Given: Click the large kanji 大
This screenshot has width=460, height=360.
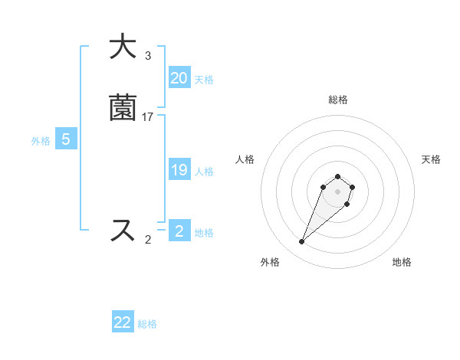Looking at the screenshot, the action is point(123,47).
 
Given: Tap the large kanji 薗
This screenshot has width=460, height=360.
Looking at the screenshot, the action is point(123,108).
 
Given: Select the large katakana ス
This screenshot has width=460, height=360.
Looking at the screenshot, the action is point(123,230).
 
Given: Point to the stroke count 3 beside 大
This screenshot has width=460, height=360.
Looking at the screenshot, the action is point(148,56).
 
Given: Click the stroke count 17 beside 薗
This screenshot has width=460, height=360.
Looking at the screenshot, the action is point(148,117).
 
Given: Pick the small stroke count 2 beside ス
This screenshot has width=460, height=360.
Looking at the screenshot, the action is point(148,240).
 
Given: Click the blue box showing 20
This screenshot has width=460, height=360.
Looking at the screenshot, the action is point(179,78).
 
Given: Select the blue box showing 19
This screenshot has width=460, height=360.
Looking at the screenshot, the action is point(179,170).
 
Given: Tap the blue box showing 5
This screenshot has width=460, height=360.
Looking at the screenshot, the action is point(66,139).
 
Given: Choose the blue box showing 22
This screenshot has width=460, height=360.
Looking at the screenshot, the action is point(123,322).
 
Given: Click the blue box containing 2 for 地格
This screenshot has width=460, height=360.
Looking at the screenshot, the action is point(179,231).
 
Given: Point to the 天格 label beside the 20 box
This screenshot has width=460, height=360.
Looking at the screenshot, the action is point(204,80).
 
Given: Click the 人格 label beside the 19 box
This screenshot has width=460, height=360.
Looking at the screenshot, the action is point(204,172).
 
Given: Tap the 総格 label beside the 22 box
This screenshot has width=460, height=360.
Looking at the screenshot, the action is point(147,324).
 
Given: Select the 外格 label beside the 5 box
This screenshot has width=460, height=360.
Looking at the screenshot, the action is point(41,141).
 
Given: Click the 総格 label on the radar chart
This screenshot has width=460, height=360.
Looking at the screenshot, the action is point(338,100).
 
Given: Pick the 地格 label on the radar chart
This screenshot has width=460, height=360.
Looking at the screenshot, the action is point(402,263).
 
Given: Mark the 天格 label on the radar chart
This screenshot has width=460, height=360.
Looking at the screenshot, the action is point(431,159).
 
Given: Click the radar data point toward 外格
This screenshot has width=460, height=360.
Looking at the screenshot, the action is point(302,242).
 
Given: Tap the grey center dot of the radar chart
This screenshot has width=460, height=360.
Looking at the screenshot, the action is point(337,191).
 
